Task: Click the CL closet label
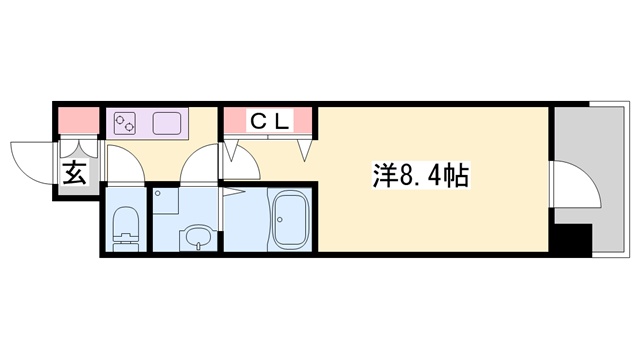pyautogui.click(x=269, y=122)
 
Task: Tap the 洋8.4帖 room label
pyautogui.click(x=417, y=176)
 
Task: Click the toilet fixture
pyautogui.click(x=125, y=221)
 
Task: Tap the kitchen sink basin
pyautogui.click(x=167, y=125)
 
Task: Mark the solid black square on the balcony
pyautogui.click(x=573, y=241)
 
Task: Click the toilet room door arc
pyautogui.click(x=122, y=163)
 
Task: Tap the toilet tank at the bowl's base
pyautogui.click(x=125, y=240)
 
